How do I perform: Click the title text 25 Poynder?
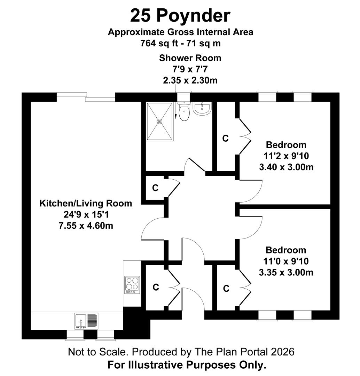tap(180, 16)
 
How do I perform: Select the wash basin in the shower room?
tap(202, 109)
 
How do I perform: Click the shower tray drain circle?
tap(160, 121)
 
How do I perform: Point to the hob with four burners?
tap(132, 284)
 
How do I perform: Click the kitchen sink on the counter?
tap(87, 321)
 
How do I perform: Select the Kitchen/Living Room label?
tap(86, 203)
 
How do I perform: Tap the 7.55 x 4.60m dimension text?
tap(86, 226)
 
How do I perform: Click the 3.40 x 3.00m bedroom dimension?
tap(286, 167)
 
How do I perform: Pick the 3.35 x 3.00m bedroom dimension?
tap(286, 272)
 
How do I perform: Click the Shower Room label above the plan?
tap(190, 58)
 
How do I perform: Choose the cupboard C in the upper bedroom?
tap(226, 139)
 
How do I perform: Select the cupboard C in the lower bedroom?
tap(226, 288)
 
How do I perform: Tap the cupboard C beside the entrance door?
tap(156, 288)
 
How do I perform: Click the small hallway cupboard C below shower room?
tap(155, 188)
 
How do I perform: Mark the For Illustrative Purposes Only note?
tap(187, 365)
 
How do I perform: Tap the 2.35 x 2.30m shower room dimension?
tap(190, 80)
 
